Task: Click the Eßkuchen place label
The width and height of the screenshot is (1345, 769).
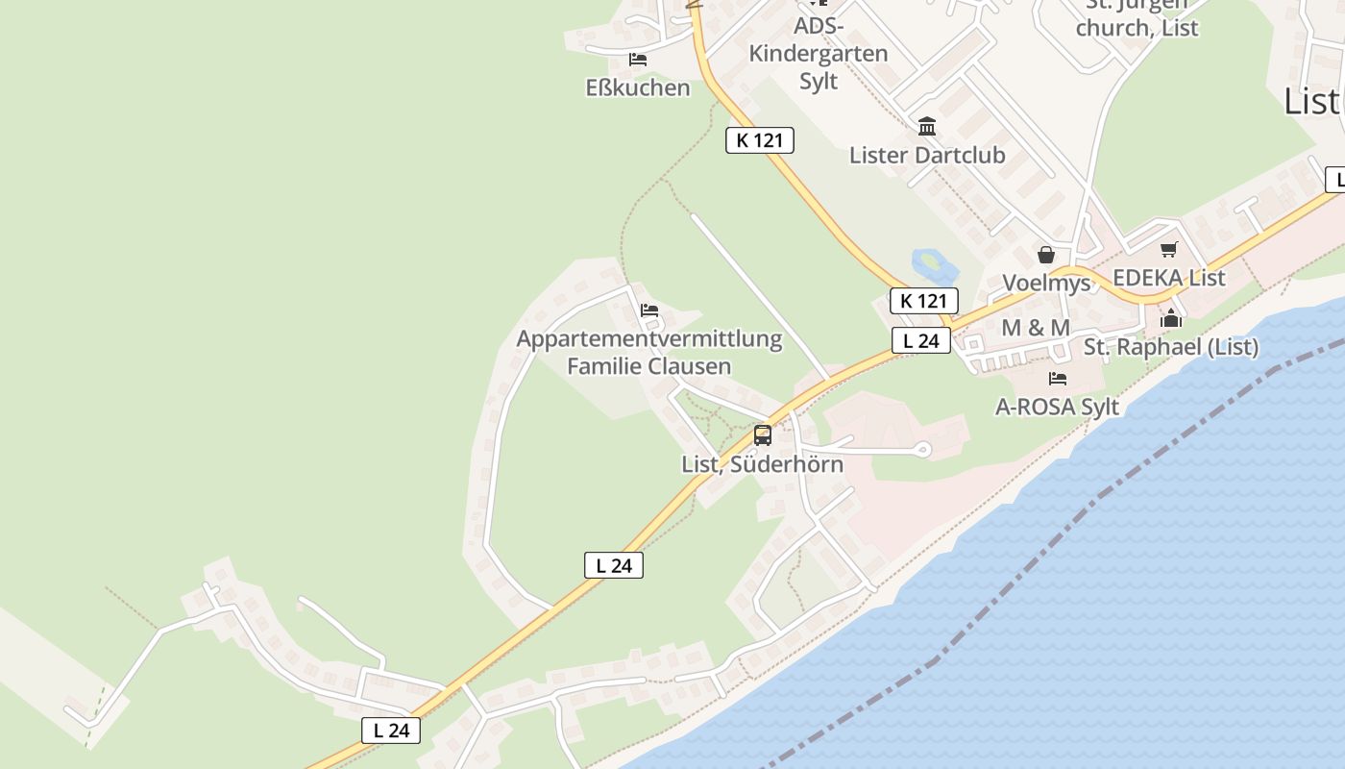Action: (x=638, y=87)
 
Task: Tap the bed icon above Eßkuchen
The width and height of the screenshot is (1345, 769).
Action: (x=638, y=60)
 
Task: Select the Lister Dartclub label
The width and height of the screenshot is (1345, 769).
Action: (x=927, y=155)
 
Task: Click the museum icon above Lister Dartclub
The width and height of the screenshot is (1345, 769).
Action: (x=927, y=126)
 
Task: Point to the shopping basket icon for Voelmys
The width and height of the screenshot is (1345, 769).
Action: (x=1046, y=255)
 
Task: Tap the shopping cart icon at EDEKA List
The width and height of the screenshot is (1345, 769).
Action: (x=1169, y=250)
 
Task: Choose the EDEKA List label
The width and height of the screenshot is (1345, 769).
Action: (x=1169, y=278)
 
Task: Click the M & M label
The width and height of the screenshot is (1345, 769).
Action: (x=1036, y=328)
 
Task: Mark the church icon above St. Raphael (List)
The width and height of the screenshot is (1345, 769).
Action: (x=1171, y=318)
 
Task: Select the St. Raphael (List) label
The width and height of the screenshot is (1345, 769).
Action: (x=1171, y=347)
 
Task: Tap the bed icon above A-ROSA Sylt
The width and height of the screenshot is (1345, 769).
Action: (x=1058, y=379)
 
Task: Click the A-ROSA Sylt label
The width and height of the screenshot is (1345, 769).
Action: (x=1058, y=407)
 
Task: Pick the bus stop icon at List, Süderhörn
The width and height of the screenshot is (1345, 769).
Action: (x=763, y=435)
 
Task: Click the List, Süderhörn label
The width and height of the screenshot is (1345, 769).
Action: (x=763, y=463)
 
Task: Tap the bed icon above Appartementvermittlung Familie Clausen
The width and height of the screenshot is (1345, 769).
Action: (x=649, y=310)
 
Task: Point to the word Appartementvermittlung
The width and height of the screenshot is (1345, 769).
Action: (x=649, y=339)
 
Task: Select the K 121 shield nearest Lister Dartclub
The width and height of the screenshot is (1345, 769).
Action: (x=759, y=140)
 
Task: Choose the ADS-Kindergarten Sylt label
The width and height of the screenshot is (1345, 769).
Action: (x=819, y=53)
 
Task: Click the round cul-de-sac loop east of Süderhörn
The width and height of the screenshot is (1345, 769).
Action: (x=923, y=448)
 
